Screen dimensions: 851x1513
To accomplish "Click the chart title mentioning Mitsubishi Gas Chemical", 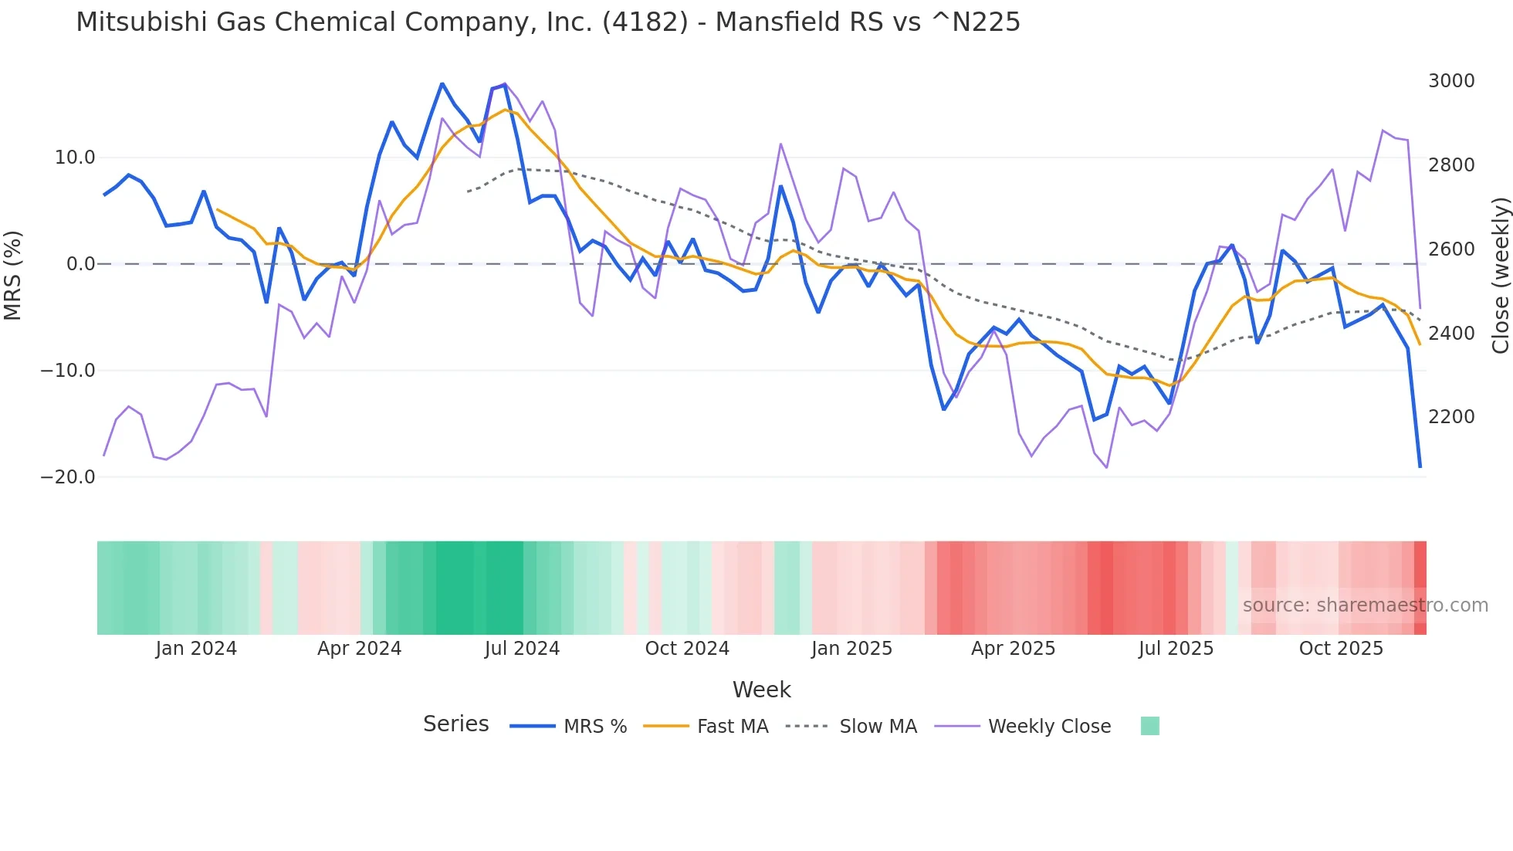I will (x=547, y=22).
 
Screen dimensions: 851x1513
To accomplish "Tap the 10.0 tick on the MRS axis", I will (x=75, y=158).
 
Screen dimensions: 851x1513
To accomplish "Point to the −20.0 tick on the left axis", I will (x=68, y=477).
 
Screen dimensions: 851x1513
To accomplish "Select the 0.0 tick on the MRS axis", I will (x=80, y=264).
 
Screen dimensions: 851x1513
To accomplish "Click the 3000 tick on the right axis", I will (x=1451, y=81).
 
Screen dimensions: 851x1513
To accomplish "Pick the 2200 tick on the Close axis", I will (x=1451, y=417).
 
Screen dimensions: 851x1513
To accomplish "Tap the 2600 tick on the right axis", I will (x=1451, y=249).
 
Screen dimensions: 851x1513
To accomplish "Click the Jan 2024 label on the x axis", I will (x=196, y=649).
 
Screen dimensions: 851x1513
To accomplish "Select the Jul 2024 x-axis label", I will (x=522, y=649).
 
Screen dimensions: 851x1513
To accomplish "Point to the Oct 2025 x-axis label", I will (x=1341, y=649).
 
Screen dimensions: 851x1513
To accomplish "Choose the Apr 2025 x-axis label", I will (x=1013, y=649).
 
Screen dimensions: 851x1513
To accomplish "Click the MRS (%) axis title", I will (x=13, y=275).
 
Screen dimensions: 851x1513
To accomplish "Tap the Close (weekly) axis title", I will (x=1500, y=276).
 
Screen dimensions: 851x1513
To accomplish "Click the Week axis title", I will (x=761, y=690).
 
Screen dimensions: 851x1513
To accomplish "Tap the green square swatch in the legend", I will (x=1149, y=726).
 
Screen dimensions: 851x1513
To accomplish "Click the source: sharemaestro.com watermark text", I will (x=1365, y=605).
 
